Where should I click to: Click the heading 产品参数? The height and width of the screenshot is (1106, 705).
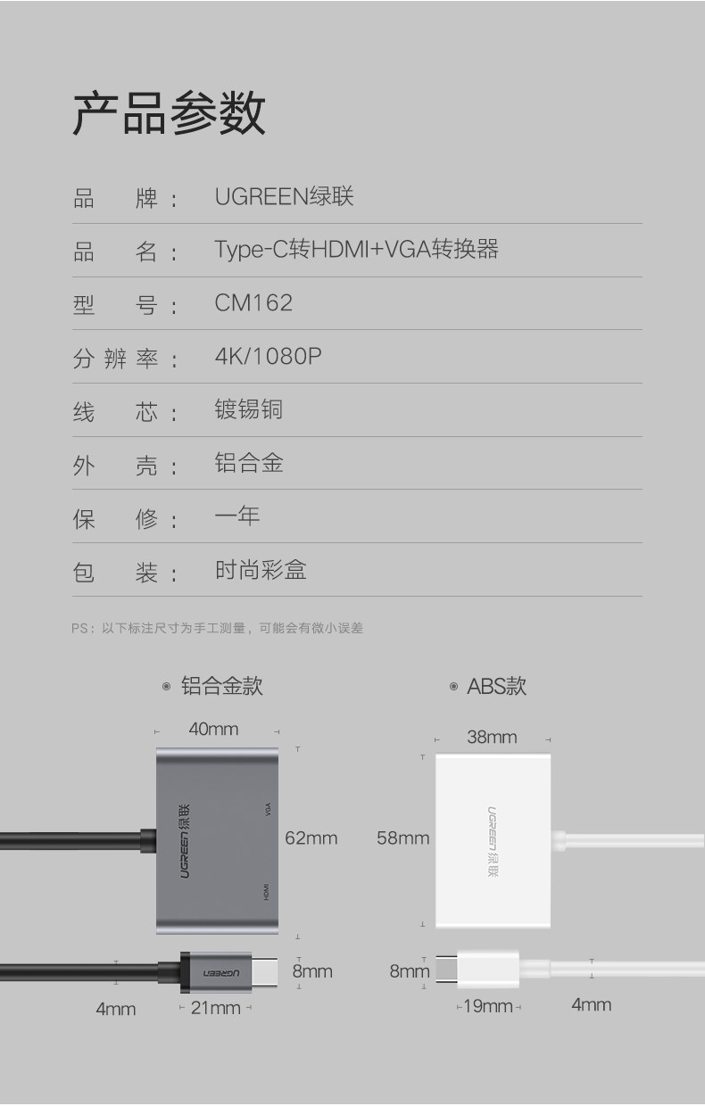[169, 113]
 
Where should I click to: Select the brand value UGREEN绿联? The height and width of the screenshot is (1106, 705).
[284, 196]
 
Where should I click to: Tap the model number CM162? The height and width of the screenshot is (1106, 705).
[253, 303]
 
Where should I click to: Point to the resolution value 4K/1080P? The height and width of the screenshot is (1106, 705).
[268, 357]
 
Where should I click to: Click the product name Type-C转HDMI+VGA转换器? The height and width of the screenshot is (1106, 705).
[356, 250]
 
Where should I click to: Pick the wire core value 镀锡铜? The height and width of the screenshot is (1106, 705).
[249, 409]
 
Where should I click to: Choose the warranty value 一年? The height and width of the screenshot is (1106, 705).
[237, 516]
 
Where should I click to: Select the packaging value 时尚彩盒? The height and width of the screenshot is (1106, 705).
[261, 570]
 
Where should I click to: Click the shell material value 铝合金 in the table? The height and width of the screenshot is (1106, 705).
[249, 463]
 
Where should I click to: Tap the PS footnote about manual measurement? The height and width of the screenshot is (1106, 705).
[218, 628]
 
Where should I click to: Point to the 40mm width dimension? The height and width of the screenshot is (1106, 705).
[213, 729]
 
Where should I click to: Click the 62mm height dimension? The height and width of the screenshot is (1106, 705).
[311, 838]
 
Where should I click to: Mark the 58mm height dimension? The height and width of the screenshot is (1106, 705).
[402, 838]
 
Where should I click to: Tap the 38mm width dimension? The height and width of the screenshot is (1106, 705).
[492, 737]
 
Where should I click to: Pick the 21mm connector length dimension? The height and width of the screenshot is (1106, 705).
[216, 1008]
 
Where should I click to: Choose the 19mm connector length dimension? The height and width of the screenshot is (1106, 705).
[488, 1006]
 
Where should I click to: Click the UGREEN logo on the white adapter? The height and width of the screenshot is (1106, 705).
[493, 841]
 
